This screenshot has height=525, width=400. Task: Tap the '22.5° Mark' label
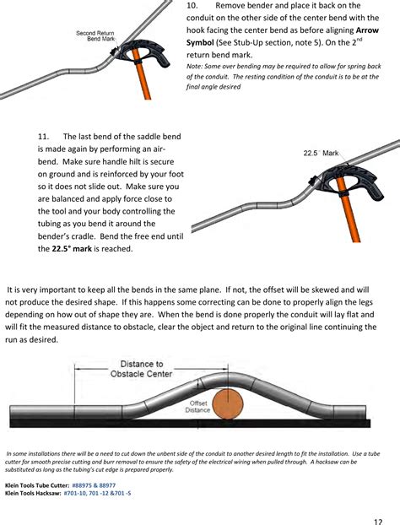coord(321,153)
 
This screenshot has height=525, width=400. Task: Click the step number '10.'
coord(193,6)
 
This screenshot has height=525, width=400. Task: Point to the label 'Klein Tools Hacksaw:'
coord(32,494)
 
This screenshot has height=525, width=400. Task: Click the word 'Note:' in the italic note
coord(194,65)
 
